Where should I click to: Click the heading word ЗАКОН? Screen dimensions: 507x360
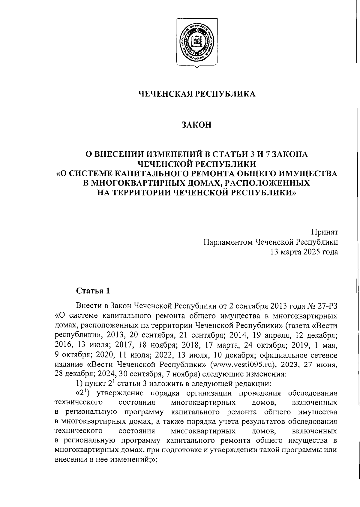196,125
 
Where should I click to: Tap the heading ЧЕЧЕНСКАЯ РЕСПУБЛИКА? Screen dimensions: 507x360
196,94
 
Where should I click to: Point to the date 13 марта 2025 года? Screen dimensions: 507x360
304,252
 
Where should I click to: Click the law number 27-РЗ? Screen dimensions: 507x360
326,306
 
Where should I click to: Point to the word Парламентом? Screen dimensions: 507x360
227,242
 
